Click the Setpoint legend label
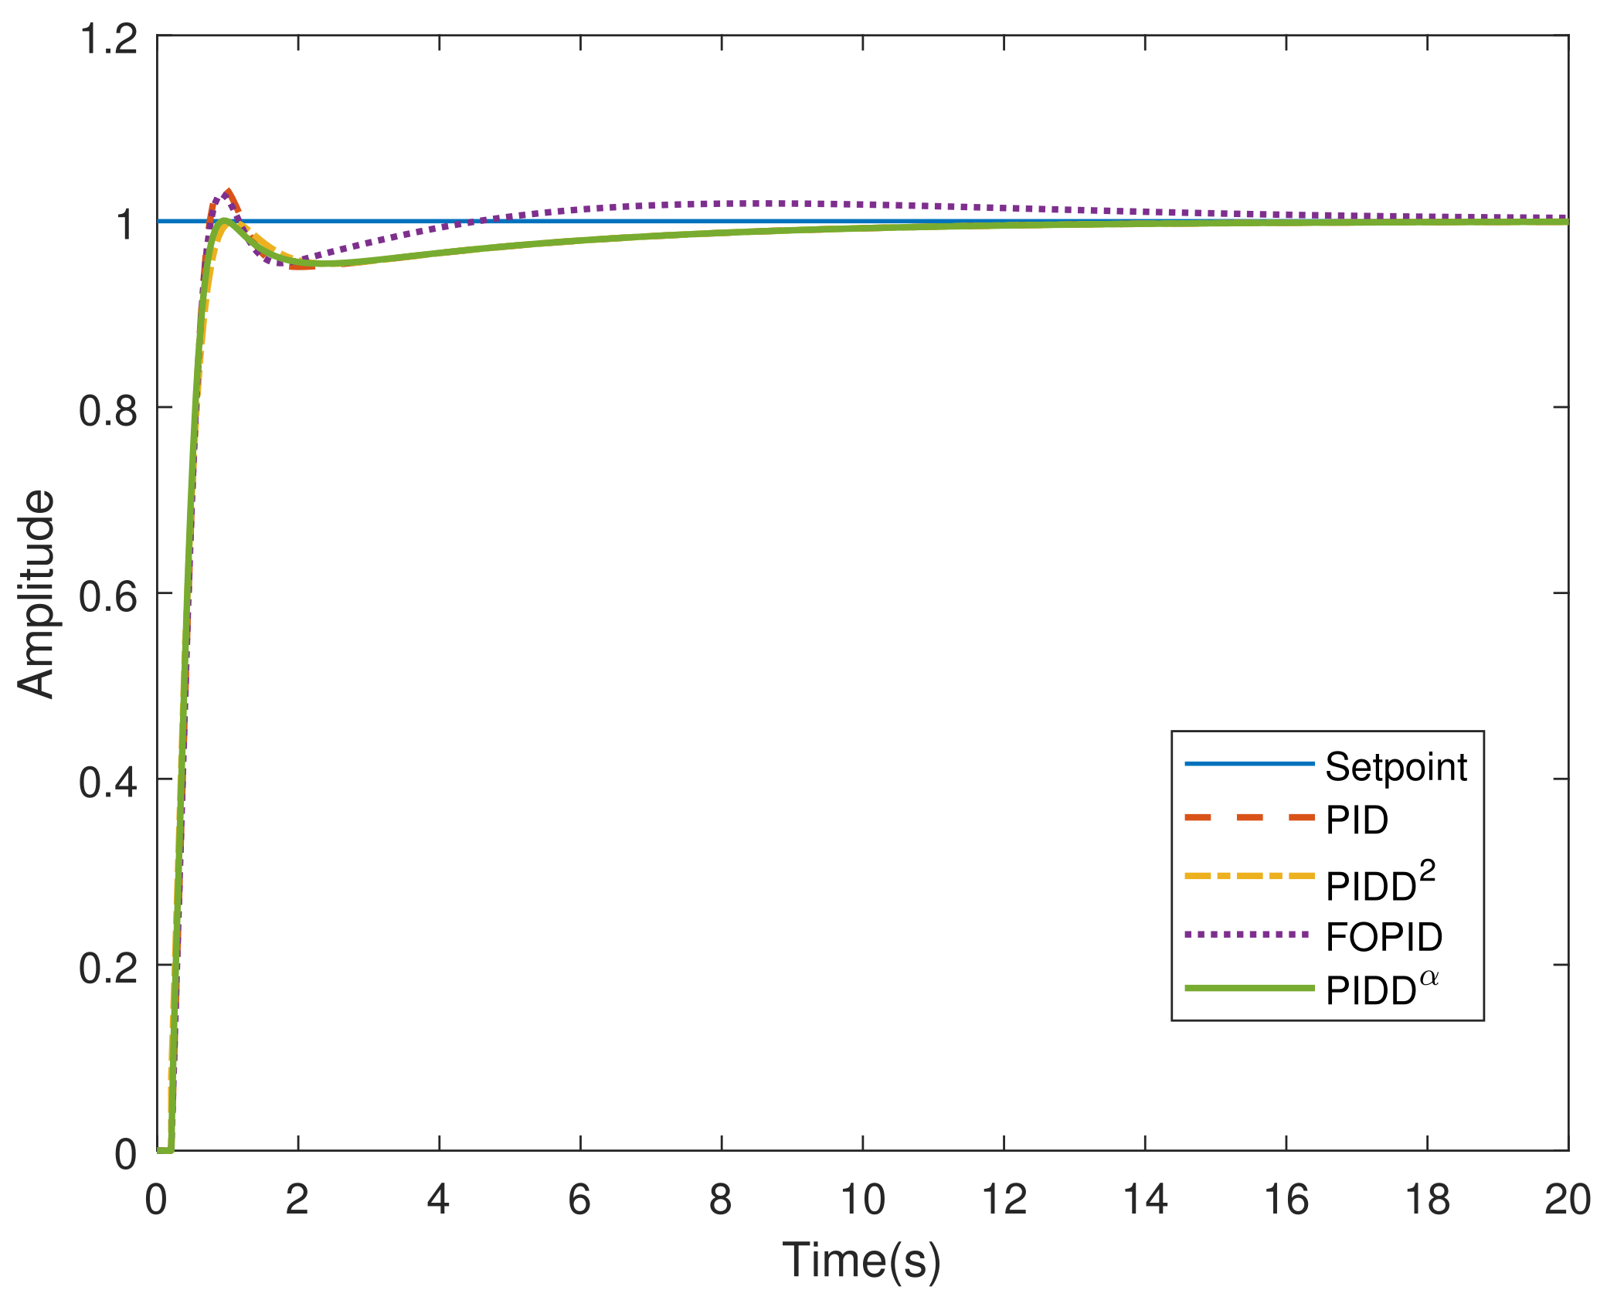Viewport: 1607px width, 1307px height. coord(1395,767)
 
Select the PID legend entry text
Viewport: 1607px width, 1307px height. coord(1357,820)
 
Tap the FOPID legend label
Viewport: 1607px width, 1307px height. coord(1384,937)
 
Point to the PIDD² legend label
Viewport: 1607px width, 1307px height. coord(1380,882)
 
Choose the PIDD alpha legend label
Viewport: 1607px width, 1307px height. coord(1381,990)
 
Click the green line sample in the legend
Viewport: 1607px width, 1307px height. coord(1249,988)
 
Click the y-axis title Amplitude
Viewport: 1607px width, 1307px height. coord(36,594)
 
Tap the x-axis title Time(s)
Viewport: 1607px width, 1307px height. coord(861,1260)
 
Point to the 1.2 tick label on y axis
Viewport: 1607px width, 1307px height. coord(108,39)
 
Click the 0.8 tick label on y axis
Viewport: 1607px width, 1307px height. coord(108,409)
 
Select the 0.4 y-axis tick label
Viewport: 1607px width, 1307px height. coord(108,782)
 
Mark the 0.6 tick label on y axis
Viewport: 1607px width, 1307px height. coord(108,596)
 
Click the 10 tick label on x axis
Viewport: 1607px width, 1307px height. coord(862,1200)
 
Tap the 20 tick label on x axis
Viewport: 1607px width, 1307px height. coord(1567,1200)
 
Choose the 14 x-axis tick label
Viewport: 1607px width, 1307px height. coord(1144,1200)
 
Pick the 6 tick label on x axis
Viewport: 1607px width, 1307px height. coord(579,1200)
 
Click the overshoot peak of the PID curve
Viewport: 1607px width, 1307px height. coord(228,192)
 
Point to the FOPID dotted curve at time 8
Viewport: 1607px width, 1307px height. coord(722,204)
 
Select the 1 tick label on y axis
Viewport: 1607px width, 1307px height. coord(125,224)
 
